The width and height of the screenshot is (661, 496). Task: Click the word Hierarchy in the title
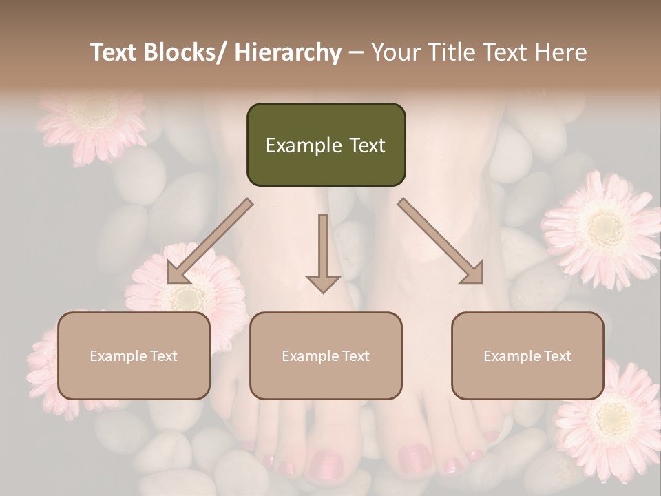click(288, 52)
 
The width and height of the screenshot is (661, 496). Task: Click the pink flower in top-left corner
click(93, 121)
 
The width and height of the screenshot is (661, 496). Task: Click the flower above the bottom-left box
click(186, 289)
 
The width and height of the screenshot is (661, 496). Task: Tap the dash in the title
click(356, 52)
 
